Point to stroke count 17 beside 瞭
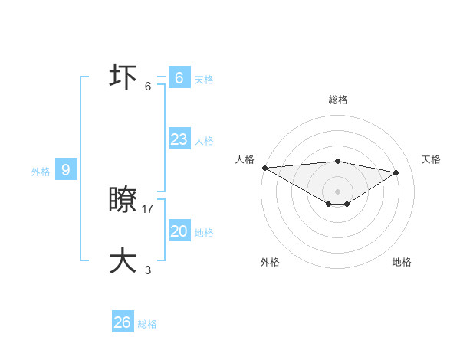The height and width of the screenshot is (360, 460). tap(148, 208)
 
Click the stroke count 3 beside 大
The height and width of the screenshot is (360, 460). tap(148, 270)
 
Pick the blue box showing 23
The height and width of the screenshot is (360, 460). tap(179, 139)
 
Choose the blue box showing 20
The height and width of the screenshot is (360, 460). tap(179, 231)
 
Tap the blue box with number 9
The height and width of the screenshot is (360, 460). tap(66, 170)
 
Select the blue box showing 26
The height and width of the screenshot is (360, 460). tap(123, 322)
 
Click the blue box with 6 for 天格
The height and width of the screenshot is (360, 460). tap(179, 77)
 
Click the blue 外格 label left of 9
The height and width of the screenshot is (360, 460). tap(41, 172)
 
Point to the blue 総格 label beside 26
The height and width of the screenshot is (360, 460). tap(147, 324)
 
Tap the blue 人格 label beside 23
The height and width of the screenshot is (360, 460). tap(204, 141)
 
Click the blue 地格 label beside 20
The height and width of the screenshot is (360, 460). tap(204, 233)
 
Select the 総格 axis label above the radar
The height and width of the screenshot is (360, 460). tap(337, 100)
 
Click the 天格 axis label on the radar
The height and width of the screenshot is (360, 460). tap(431, 159)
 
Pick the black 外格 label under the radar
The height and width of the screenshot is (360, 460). tap(270, 262)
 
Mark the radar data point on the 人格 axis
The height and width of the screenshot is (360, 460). tap(264, 168)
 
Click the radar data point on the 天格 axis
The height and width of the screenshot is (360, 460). tap(396, 172)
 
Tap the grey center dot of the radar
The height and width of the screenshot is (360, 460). tap(337, 191)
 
